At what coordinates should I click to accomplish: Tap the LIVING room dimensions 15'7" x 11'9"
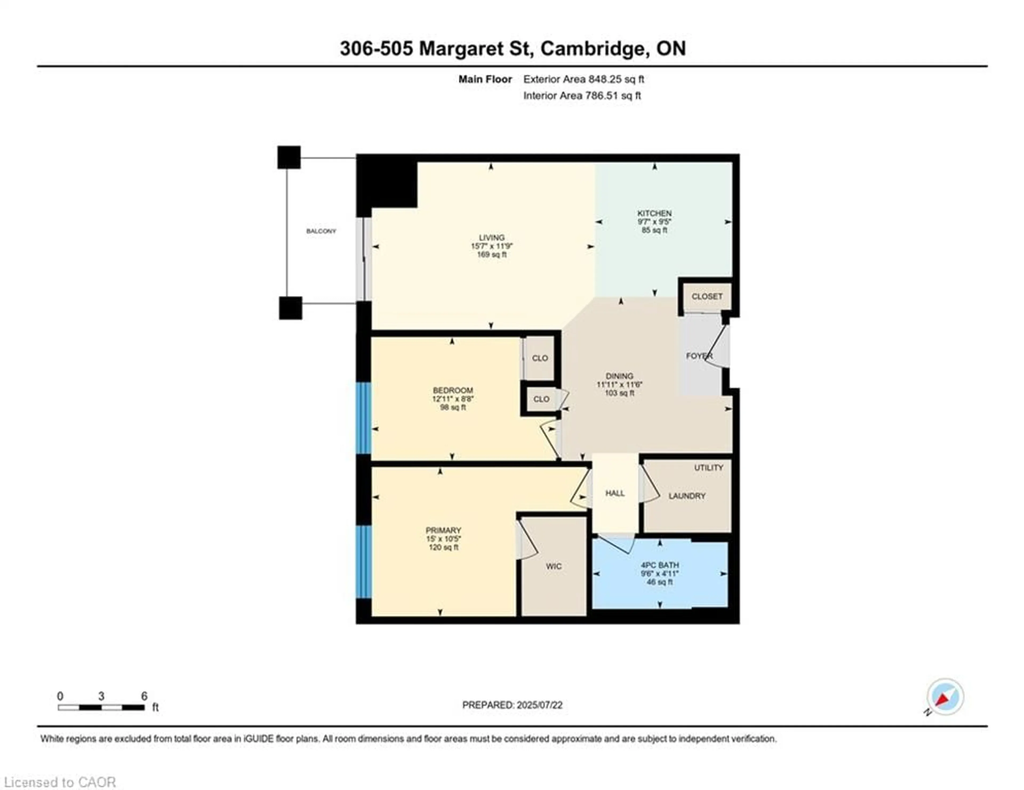point(491,246)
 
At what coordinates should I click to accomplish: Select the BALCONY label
point(321,231)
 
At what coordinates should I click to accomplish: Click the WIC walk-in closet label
point(553,566)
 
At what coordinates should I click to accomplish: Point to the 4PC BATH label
point(660,565)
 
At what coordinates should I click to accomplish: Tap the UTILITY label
point(709,467)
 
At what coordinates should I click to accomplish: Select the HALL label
point(615,493)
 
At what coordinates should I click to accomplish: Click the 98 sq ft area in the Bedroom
point(453,408)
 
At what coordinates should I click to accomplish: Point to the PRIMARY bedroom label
point(443,530)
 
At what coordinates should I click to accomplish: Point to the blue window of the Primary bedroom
point(363,561)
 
